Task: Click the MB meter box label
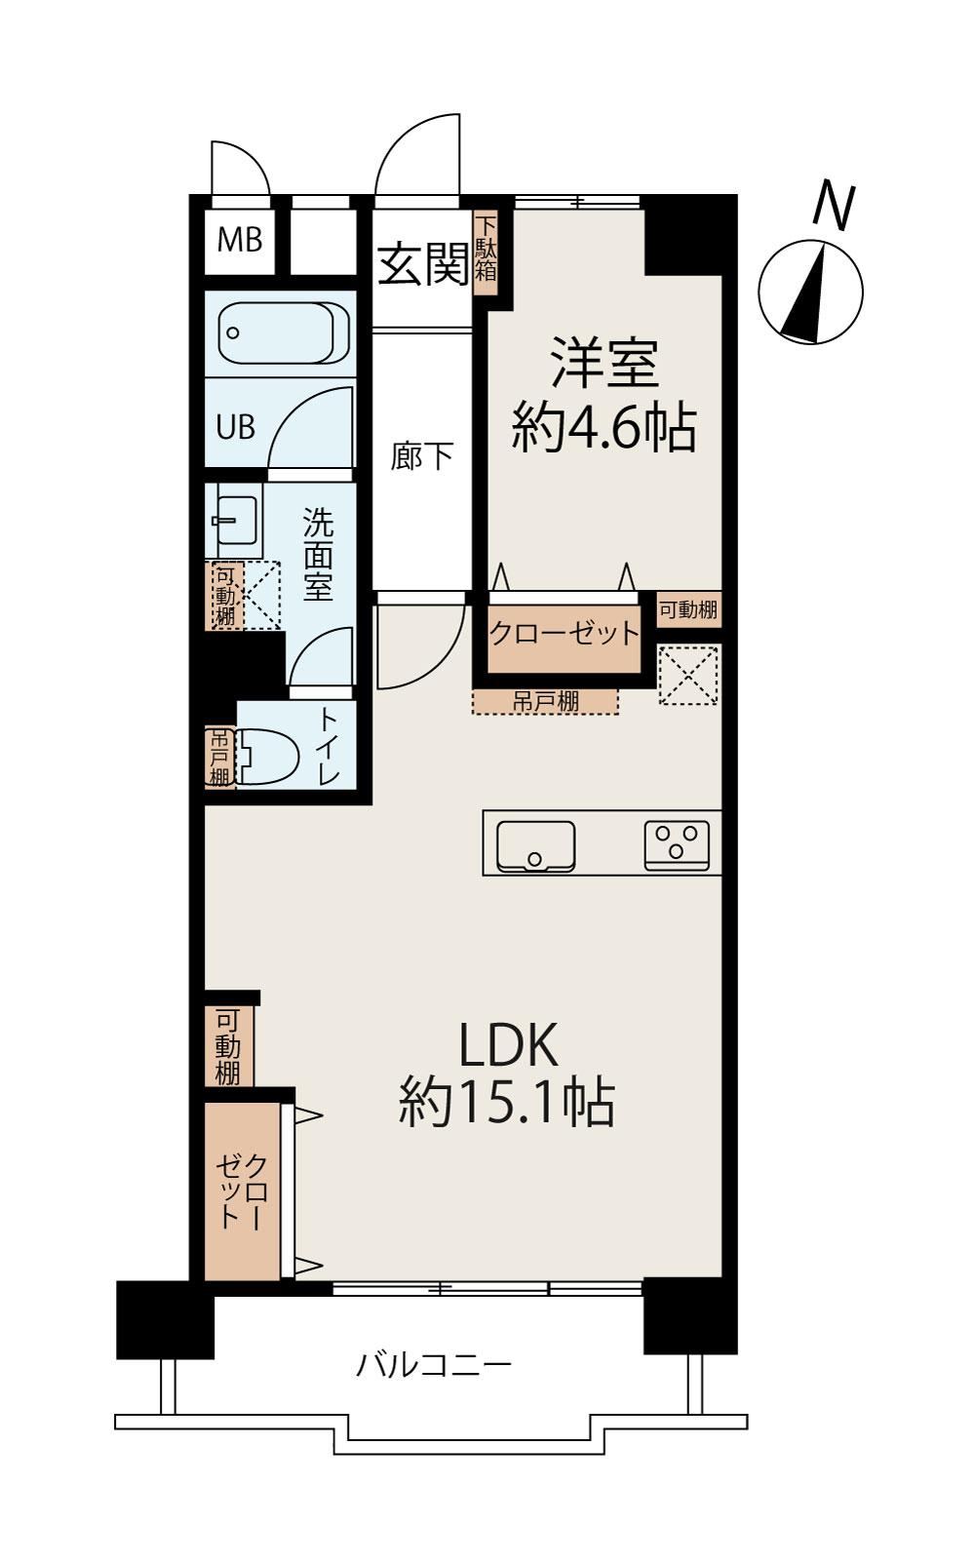[240, 240]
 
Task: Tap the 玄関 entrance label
[423, 264]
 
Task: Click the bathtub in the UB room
[284, 332]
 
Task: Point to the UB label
[235, 427]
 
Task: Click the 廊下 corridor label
[421, 457]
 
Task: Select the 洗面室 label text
[318, 553]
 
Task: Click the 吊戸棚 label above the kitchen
[545, 701]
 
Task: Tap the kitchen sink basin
[535, 846]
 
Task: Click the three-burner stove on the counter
[677, 845]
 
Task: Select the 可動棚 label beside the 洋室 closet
[688, 609]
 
